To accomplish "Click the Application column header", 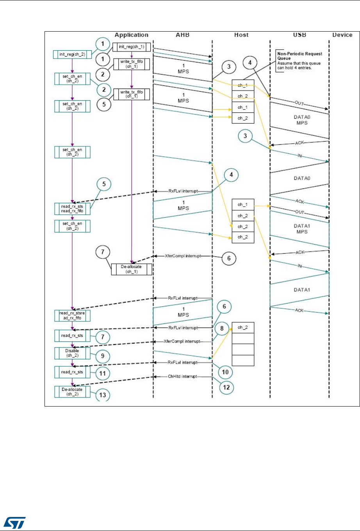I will click(x=132, y=35).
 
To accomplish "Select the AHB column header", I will click(x=182, y=35).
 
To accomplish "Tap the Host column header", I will click(x=241, y=35).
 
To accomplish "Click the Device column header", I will click(x=342, y=35).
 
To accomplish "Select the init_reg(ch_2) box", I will click(x=71, y=54).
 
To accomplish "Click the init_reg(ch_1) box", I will click(x=132, y=47).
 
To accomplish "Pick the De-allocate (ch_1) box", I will click(x=132, y=269).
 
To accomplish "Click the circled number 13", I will click(x=103, y=395).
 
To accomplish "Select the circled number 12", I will click(x=225, y=387).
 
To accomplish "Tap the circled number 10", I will click(x=225, y=372).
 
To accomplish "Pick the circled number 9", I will click(x=103, y=355).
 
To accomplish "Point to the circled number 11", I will click(x=103, y=373).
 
